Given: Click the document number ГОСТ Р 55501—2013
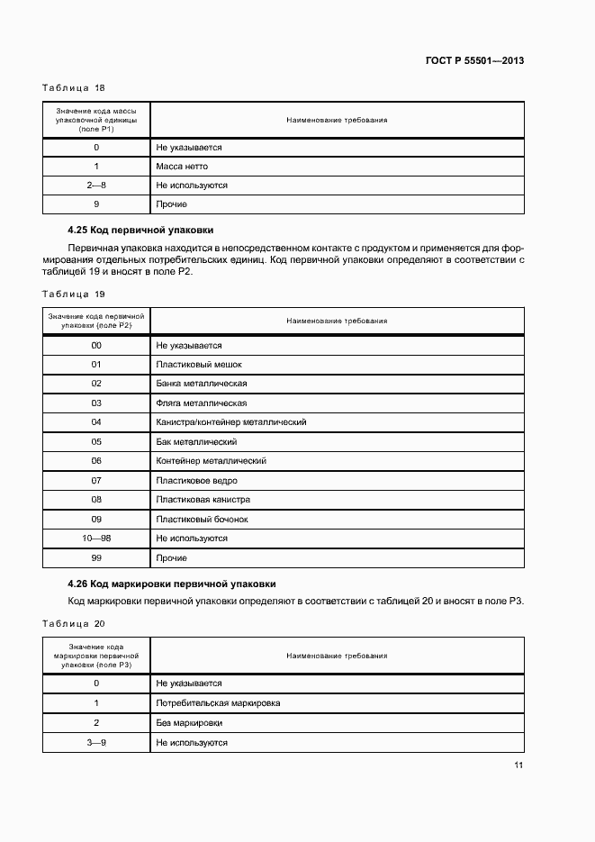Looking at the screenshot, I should pyautogui.click(x=474, y=61).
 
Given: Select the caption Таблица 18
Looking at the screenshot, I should pyautogui.click(x=74, y=88).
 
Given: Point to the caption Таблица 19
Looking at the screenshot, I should pyautogui.click(x=74, y=294).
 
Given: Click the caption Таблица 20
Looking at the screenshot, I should pyautogui.click(x=74, y=623).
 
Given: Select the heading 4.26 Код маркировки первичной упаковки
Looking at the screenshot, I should pyautogui.click(x=172, y=584).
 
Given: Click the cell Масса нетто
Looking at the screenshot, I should pyautogui.click(x=182, y=167).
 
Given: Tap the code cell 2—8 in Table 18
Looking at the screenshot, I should pyautogui.click(x=96, y=186).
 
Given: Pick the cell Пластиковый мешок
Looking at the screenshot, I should pyautogui.click(x=199, y=365).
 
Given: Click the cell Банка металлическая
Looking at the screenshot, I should pyautogui.click(x=202, y=384).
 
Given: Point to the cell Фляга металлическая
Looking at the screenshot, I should pyautogui.click(x=202, y=403).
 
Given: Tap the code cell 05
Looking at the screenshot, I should pyautogui.click(x=96, y=442).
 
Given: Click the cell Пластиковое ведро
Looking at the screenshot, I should pyautogui.click(x=197, y=481).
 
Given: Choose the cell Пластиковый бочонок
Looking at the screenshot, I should pyautogui.click(x=202, y=520).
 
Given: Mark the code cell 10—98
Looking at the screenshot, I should pyautogui.click(x=96, y=539).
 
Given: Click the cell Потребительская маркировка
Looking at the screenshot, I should pyautogui.click(x=218, y=703).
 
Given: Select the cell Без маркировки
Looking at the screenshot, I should pyautogui.click(x=189, y=723).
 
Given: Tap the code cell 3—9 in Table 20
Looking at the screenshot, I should pyautogui.click(x=96, y=743).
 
